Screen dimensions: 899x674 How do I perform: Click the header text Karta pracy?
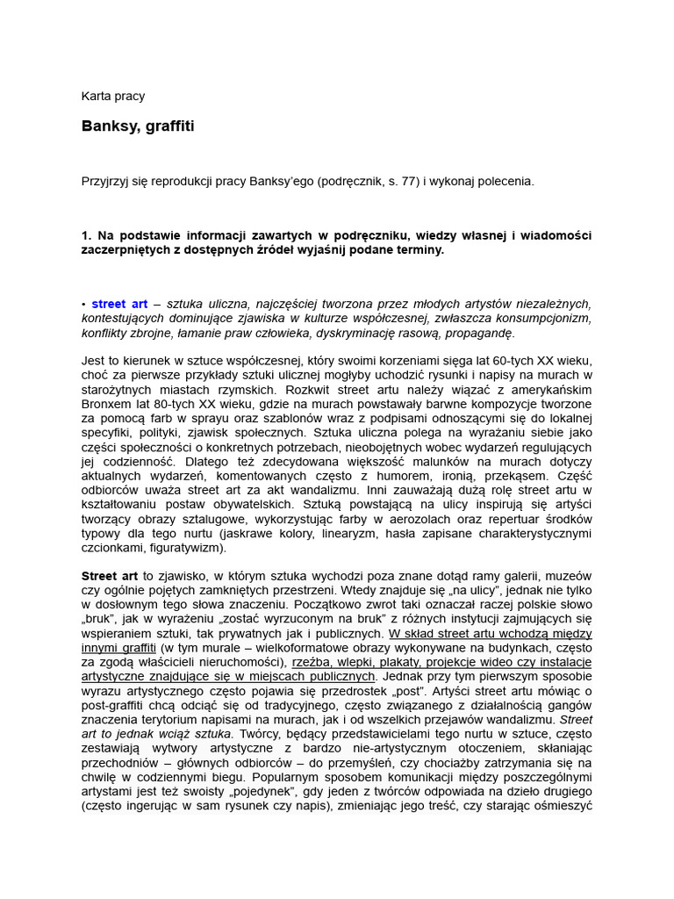pyautogui.click(x=113, y=97)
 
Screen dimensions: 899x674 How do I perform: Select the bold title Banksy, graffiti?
pyautogui.click(x=138, y=126)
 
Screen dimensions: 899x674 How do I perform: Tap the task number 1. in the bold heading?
pyautogui.click(x=86, y=235)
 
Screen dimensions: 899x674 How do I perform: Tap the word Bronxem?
pyautogui.click(x=107, y=405)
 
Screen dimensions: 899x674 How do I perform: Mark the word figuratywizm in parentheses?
pyautogui.click(x=185, y=548)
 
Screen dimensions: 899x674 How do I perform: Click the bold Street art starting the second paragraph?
pyautogui.click(x=110, y=576)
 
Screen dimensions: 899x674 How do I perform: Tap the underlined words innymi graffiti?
pyautogui.click(x=118, y=648)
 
